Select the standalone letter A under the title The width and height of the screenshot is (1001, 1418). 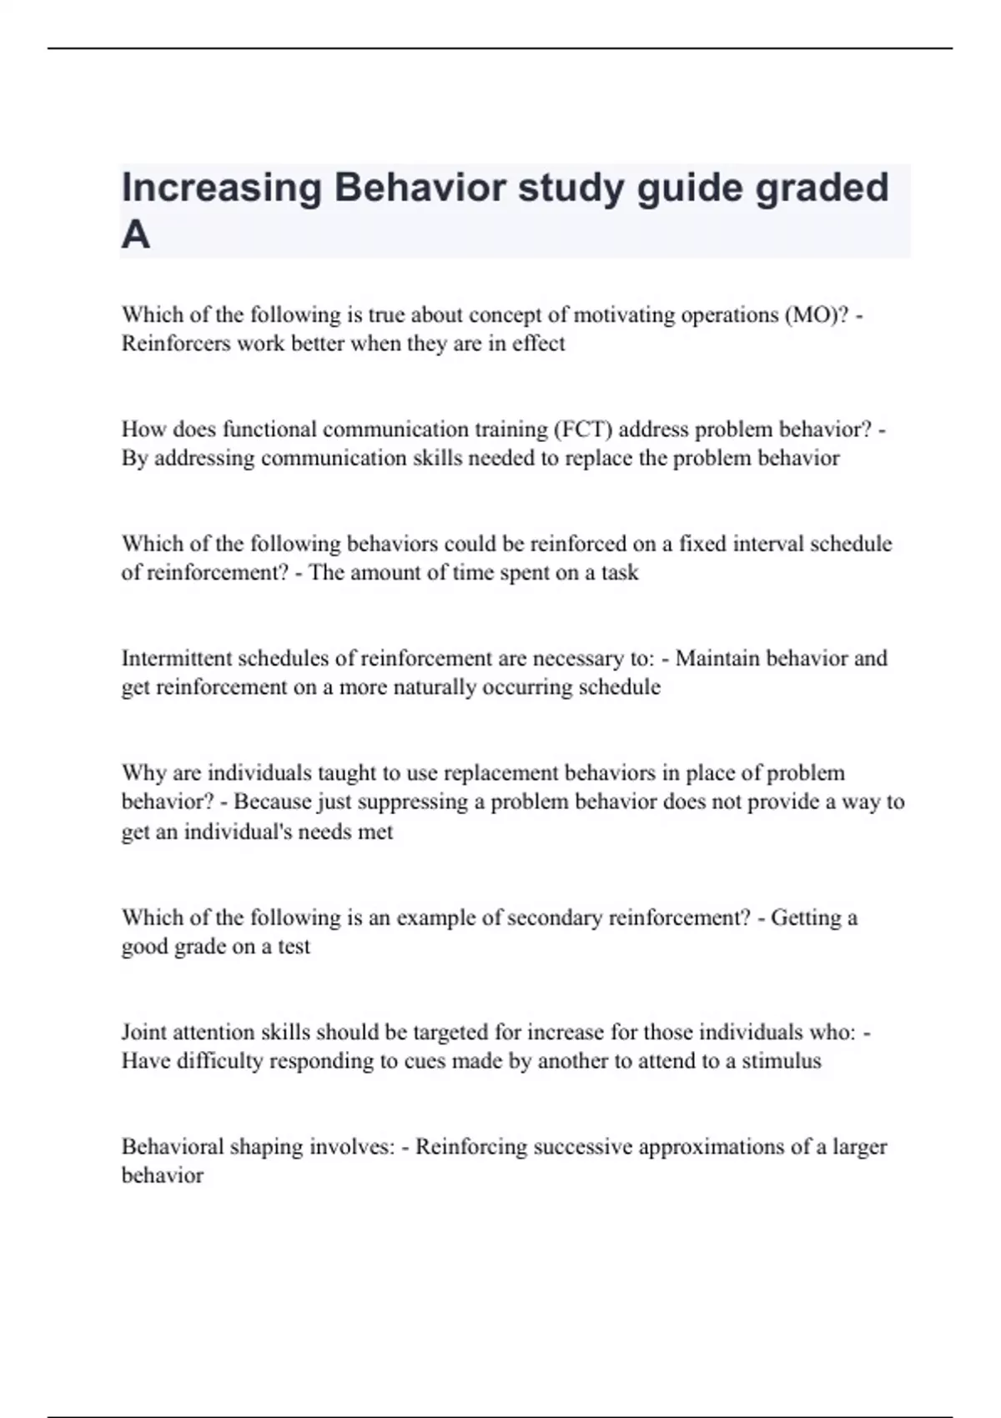point(136,235)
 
